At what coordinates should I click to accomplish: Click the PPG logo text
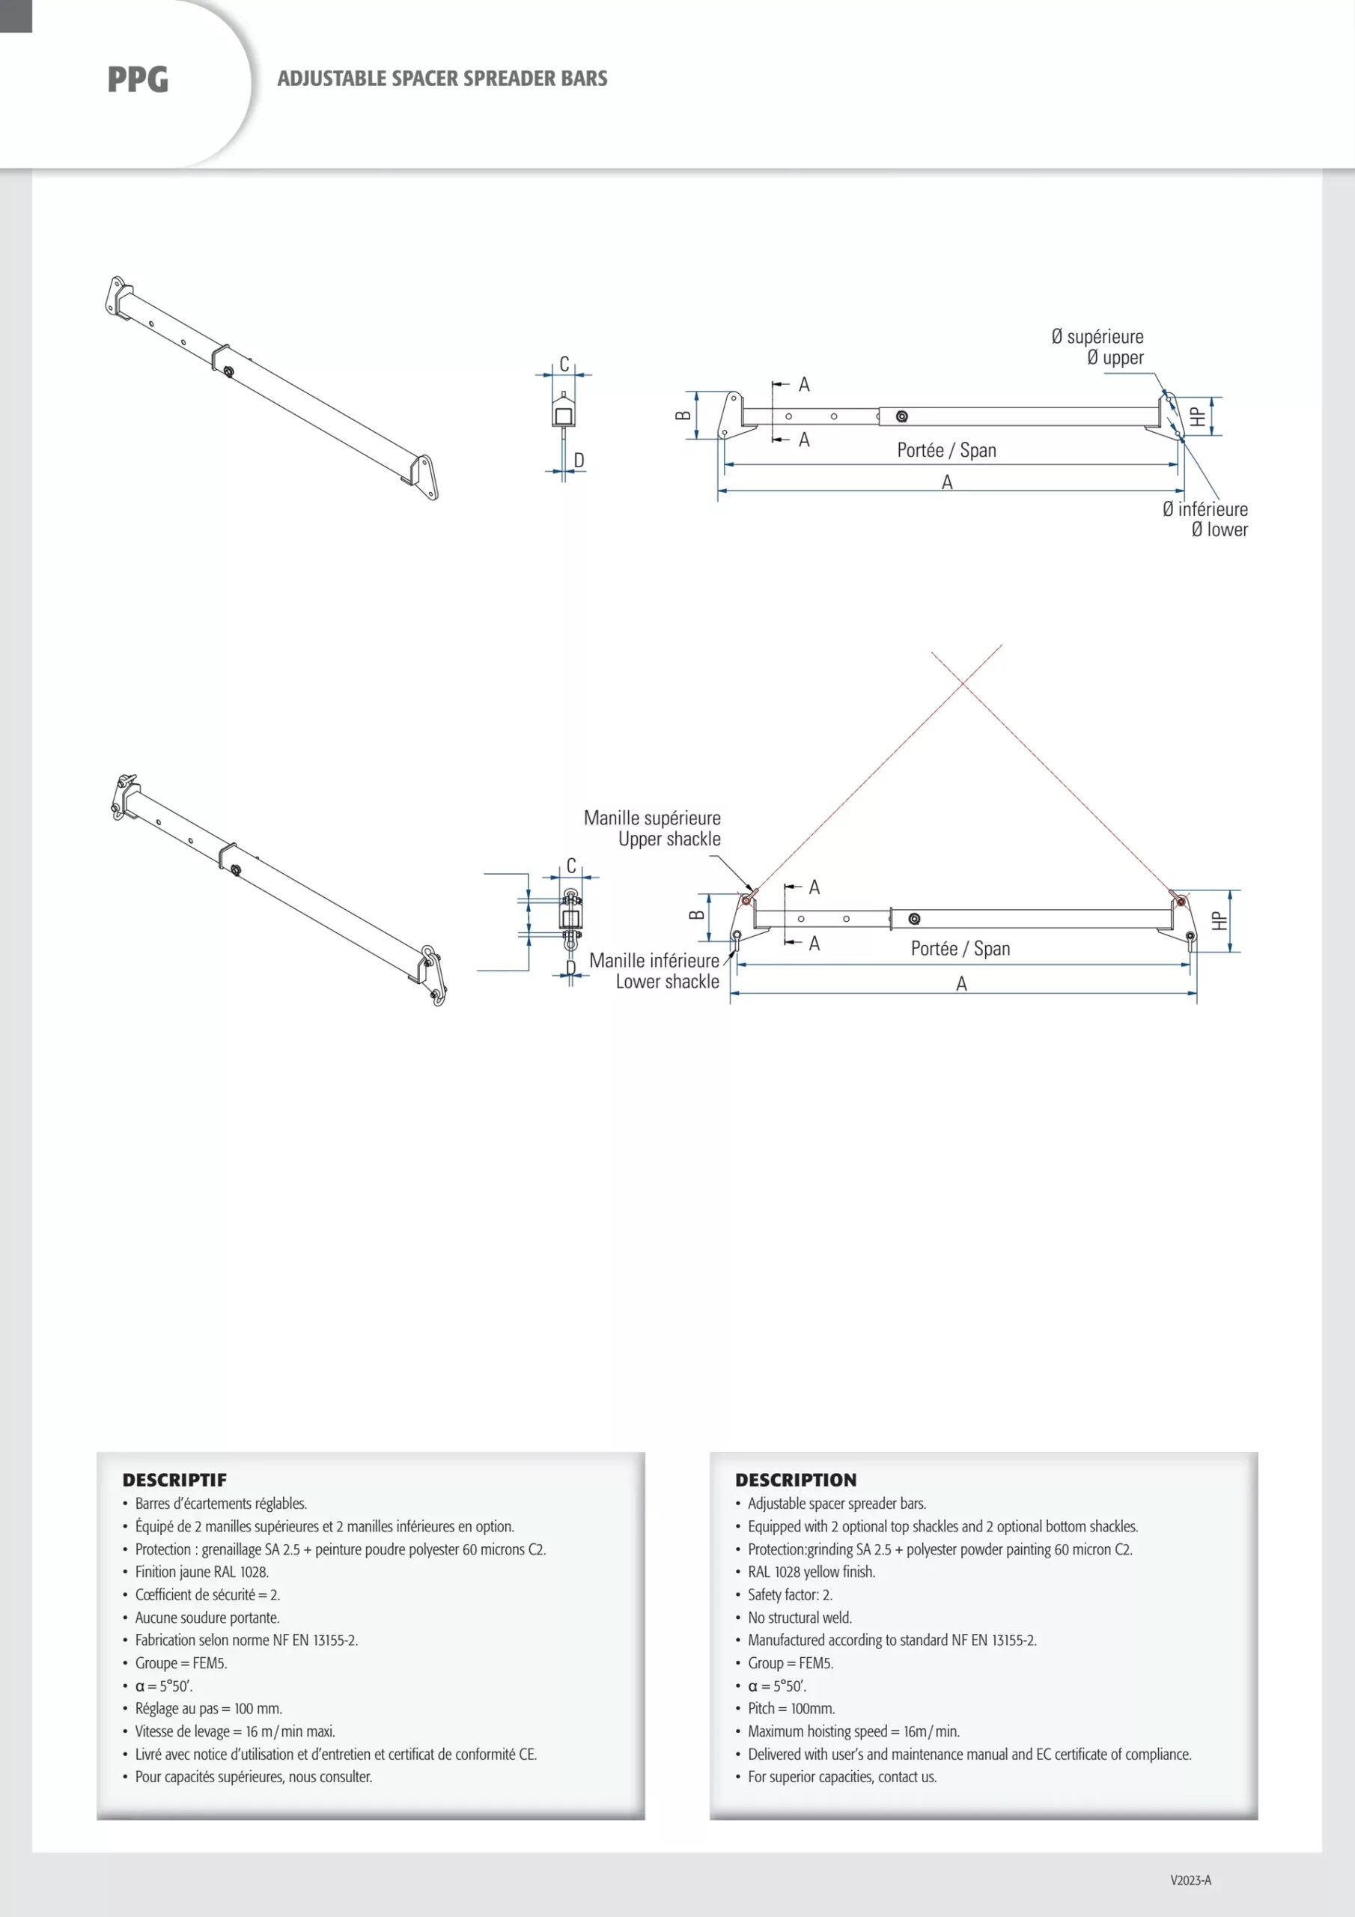(138, 79)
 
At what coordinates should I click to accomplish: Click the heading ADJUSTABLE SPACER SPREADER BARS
(442, 79)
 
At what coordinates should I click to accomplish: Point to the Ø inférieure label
(1205, 509)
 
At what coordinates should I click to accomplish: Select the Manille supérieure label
(652, 818)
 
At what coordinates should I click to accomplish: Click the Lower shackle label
(667, 982)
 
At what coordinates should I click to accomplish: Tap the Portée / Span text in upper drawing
(947, 451)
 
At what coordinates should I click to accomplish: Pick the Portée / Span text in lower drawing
(960, 949)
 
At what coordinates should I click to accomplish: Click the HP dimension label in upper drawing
(1197, 416)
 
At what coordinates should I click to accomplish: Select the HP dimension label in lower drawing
(1219, 921)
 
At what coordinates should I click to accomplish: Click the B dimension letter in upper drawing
(683, 415)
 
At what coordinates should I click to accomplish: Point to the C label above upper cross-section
(564, 365)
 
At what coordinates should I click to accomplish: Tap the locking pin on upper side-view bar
(901, 416)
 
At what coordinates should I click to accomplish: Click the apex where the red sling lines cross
(964, 683)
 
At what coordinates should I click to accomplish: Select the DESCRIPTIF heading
(174, 1480)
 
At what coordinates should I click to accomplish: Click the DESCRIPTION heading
(796, 1480)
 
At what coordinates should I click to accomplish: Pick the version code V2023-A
(1190, 1880)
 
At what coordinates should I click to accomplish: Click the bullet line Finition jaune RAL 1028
(201, 1573)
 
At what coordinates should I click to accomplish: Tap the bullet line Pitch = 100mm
(791, 1709)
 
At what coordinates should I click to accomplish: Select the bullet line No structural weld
(800, 1618)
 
